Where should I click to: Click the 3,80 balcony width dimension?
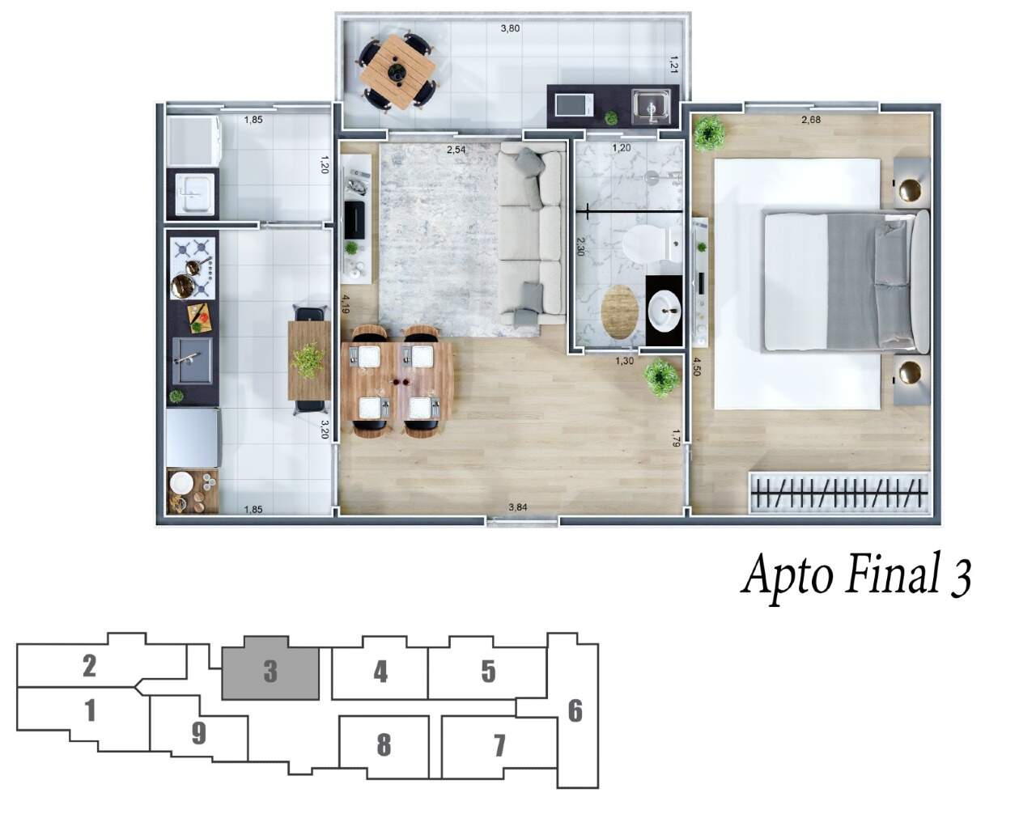510,28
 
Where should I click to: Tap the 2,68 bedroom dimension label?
810,120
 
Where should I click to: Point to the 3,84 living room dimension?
517,507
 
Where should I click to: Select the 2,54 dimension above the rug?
456,151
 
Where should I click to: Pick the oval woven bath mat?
620,312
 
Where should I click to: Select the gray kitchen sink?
192,360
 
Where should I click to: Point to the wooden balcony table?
397,72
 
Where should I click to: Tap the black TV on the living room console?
355,221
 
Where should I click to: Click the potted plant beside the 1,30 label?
660,379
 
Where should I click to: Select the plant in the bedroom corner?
709,134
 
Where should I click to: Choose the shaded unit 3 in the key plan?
270,668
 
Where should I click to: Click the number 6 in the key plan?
575,711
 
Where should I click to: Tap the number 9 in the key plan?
199,732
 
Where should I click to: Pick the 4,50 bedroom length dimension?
697,367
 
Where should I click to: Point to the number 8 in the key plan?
384,745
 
